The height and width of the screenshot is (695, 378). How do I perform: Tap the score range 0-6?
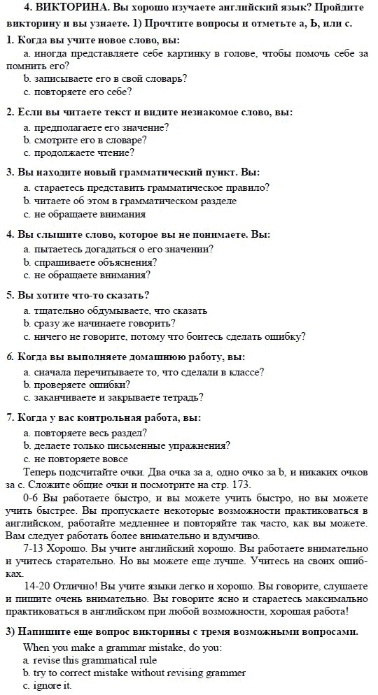coord(31,499)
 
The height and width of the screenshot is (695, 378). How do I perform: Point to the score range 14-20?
coord(38,587)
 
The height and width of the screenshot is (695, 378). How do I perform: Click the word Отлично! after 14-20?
coord(76,587)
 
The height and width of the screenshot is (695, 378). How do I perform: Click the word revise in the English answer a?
coord(43,660)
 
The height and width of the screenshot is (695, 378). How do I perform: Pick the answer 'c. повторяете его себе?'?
coord(77,91)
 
